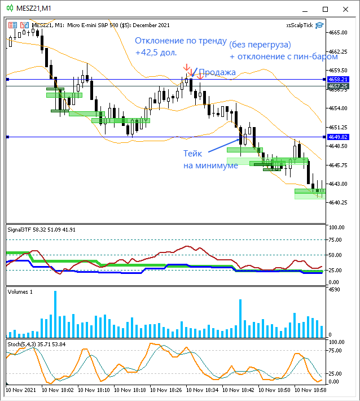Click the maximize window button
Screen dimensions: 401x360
(325, 8)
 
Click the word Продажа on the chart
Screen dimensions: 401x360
(217, 72)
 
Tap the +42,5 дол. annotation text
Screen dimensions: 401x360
(156, 53)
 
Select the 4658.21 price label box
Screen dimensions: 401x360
(337, 80)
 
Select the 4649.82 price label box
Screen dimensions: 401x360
(337, 137)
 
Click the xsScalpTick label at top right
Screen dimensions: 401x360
(300, 25)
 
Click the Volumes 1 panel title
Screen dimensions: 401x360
(20, 291)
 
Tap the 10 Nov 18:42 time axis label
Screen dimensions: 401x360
(240, 390)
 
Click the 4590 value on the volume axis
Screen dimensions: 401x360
(335, 290)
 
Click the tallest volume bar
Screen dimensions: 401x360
(55, 314)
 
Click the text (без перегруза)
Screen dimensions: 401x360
(260, 44)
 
